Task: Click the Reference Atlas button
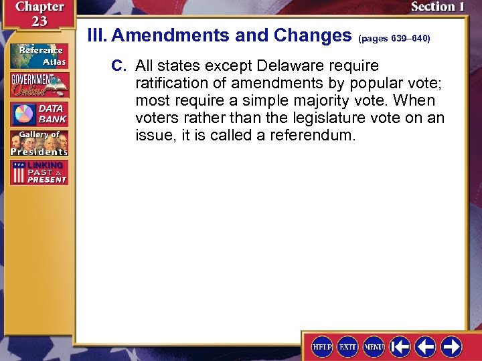(x=38, y=54)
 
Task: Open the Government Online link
(x=38, y=84)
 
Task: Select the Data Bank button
(x=38, y=114)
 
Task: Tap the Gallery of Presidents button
(x=38, y=142)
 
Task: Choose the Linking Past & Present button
(x=38, y=172)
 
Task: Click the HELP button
(x=322, y=346)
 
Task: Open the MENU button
(x=373, y=346)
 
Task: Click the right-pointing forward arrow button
(x=451, y=346)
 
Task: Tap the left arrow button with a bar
(x=400, y=346)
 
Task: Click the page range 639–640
(x=394, y=39)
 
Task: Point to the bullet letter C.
(x=118, y=66)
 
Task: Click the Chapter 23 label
(x=31, y=13)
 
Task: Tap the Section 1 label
(x=437, y=7)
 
